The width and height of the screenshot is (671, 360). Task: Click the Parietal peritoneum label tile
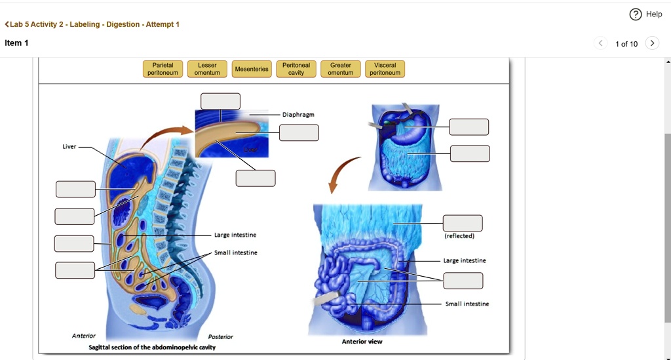click(163, 69)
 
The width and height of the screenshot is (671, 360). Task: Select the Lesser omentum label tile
click(207, 69)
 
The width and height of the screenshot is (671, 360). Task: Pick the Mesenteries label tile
click(252, 69)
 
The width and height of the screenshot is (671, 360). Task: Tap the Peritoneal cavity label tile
click(296, 69)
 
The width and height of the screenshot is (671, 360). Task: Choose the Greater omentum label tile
click(341, 69)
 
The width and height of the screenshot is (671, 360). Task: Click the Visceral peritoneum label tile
click(385, 69)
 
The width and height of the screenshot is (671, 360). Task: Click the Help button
click(645, 14)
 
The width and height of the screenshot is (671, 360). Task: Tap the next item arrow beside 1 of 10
click(651, 43)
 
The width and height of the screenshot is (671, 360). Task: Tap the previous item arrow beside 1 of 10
click(601, 43)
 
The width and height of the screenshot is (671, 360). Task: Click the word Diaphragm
click(298, 115)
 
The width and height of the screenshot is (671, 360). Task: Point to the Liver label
click(69, 147)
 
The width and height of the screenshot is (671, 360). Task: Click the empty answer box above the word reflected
click(463, 223)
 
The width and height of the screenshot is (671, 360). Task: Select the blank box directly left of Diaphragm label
click(221, 101)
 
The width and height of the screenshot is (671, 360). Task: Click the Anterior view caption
click(362, 342)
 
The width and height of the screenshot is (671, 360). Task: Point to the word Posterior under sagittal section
click(220, 337)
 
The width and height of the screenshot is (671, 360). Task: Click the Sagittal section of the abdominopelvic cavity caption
click(152, 347)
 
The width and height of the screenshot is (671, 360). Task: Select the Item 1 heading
click(16, 43)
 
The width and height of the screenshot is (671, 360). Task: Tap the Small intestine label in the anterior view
click(467, 304)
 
